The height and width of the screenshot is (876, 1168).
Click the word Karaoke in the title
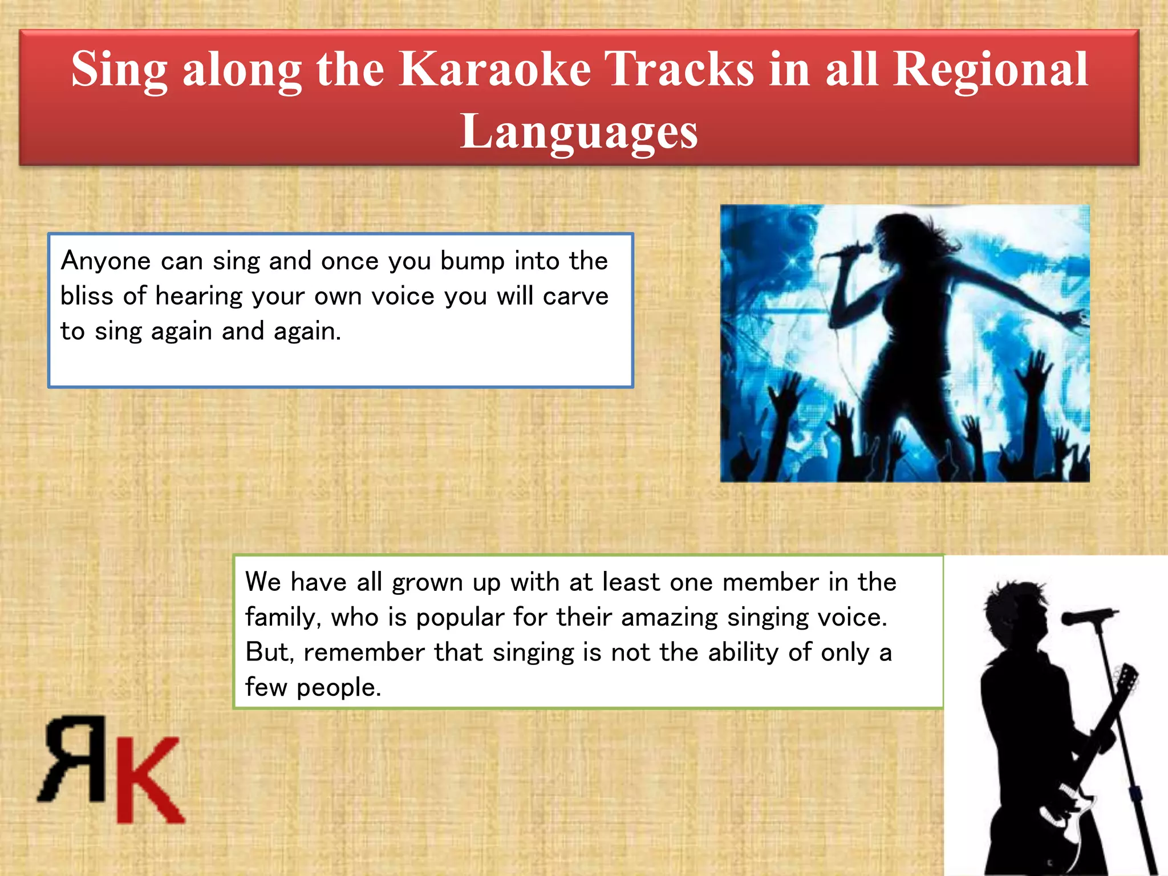point(494,69)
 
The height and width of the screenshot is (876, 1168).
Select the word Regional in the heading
point(990,69)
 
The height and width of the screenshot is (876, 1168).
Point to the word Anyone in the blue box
point(106,262)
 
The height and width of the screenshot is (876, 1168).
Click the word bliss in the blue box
point(87,297)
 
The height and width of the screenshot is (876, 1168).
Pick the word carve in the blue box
point(575,297)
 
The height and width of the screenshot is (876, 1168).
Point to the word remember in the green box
point(364,653)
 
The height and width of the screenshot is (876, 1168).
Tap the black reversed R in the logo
point(75,759)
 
